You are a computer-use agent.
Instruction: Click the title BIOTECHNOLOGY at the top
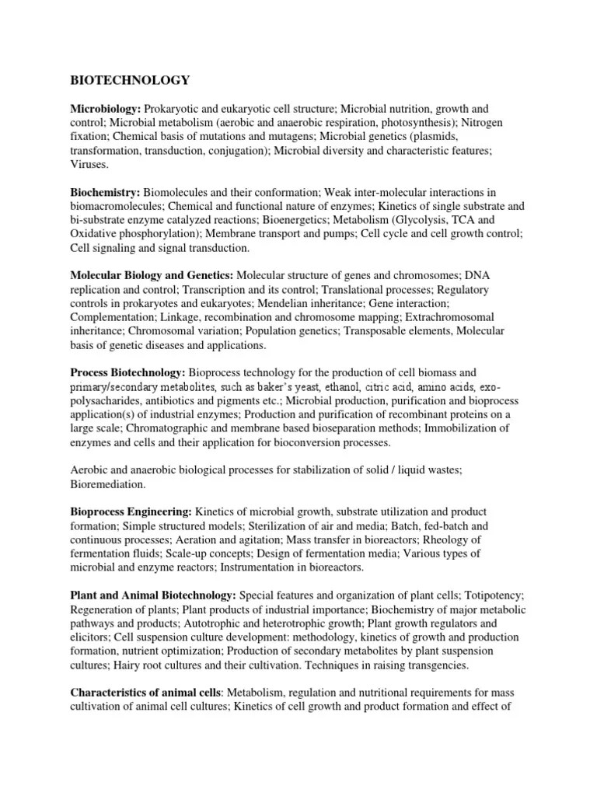point(130,79)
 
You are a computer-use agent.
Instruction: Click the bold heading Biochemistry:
point(105,192)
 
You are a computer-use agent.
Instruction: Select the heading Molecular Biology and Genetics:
point(152,276)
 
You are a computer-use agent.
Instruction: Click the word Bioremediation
point(110,483)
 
